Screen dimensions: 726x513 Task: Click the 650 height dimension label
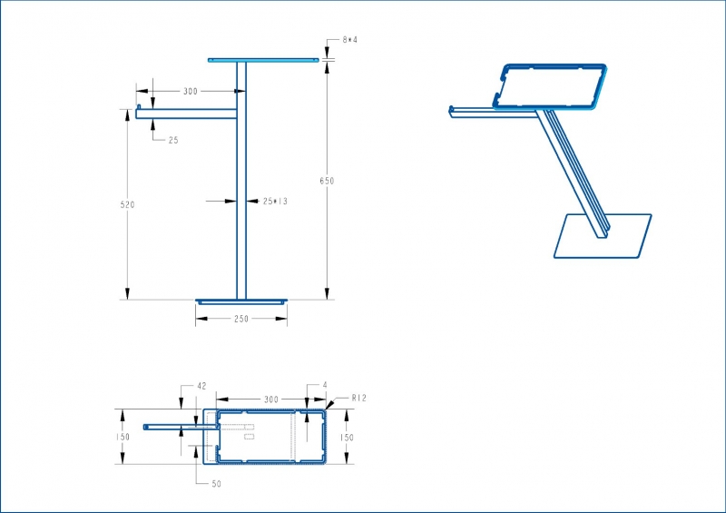tap(327, 181)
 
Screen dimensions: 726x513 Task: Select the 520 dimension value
tap(127, 204)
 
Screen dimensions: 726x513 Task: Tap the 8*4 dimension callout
tap(350, 40)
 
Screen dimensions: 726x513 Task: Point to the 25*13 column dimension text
tap(275, 202)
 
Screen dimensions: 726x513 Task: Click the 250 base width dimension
tap(241, 319)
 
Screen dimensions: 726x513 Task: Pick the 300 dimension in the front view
tap(191, 92)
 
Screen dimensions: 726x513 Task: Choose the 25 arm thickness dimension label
tap(173, 140)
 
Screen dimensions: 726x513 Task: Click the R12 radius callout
tap(358, 398)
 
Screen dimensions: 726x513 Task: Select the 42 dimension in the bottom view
tap(201, 386)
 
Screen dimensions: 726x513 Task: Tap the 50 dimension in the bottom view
tap(216, 484)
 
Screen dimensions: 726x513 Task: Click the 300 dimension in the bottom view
tap(271, 399)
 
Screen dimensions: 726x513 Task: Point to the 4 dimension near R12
tap(325, 385)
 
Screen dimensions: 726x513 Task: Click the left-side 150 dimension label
tap(123, 437)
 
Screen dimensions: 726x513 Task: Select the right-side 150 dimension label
tap(347, 437)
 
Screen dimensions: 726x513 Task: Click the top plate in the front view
tap(263, 60)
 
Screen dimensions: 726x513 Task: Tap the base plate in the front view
tap(241, 302)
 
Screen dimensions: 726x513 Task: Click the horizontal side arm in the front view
tap(186, 113)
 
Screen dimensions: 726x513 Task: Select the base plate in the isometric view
tap(603, 236)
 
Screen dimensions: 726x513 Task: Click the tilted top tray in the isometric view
tap(550, 86)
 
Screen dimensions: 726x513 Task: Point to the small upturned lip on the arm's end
tap(139, 107)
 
